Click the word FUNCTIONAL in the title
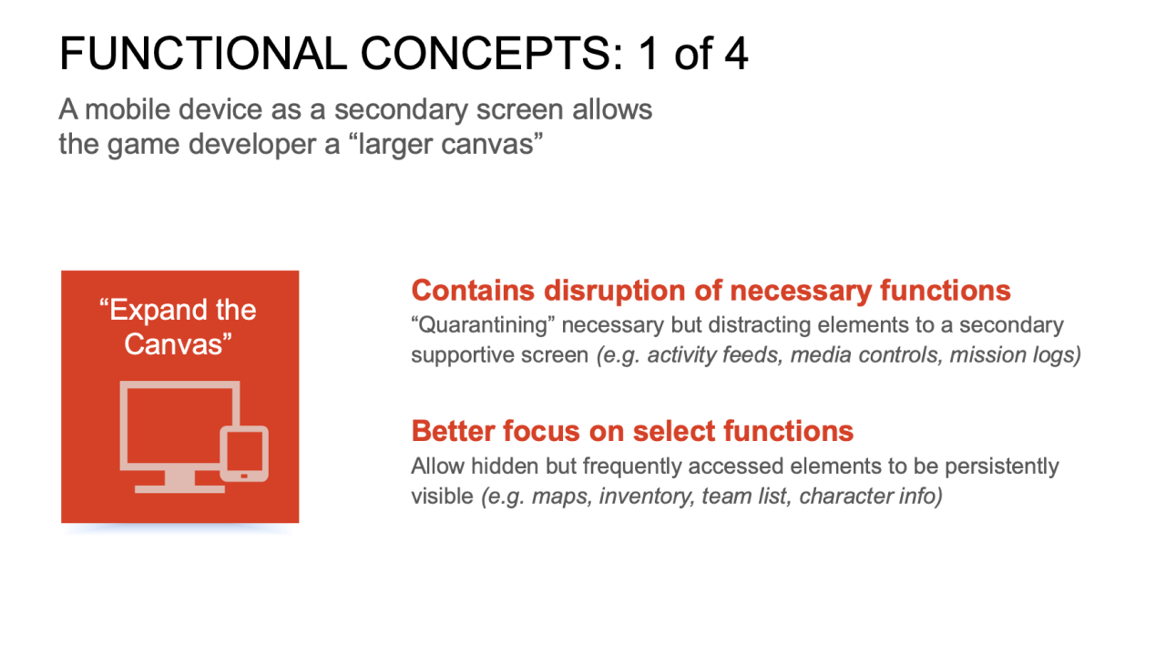pos(203,54)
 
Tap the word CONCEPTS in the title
pos(491,54)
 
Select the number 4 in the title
pos(736,54)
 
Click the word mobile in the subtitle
pos(128,109)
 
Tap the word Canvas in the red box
pos(178,344)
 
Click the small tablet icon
pos(244,454)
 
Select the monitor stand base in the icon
pos(179,489)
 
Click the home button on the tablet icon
pos(244,476)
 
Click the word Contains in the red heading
pos(473,290)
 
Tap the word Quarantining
pos(483,325)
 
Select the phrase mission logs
pos(1016,355)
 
